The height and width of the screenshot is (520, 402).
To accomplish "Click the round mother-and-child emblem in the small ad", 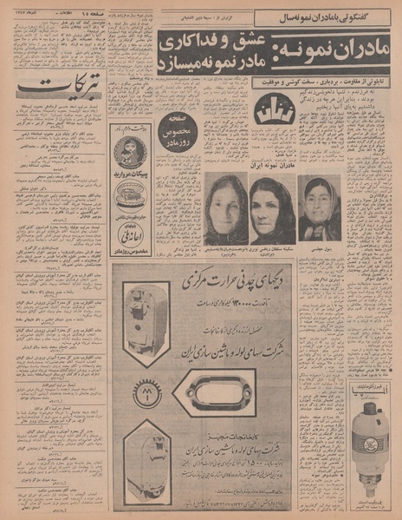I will pyautogui.click(x=130, y=151).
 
